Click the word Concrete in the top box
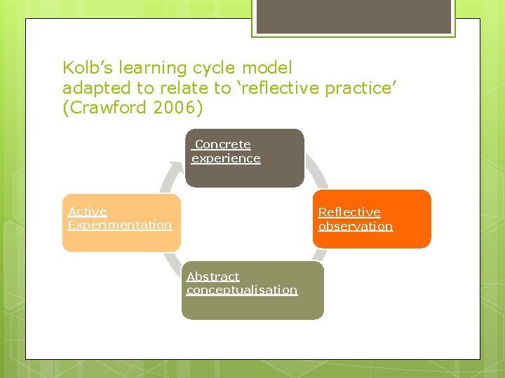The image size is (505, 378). coord(222,144)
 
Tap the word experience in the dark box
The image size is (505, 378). coord(226,158)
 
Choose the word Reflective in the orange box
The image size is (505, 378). coord(349,212)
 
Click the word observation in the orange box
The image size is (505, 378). coord(356,226)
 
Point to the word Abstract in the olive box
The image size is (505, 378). coord(213,276)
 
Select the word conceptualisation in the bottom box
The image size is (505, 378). coord(242,290)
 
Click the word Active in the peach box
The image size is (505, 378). coord(88,211)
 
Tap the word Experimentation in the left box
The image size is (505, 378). coord(120,225)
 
